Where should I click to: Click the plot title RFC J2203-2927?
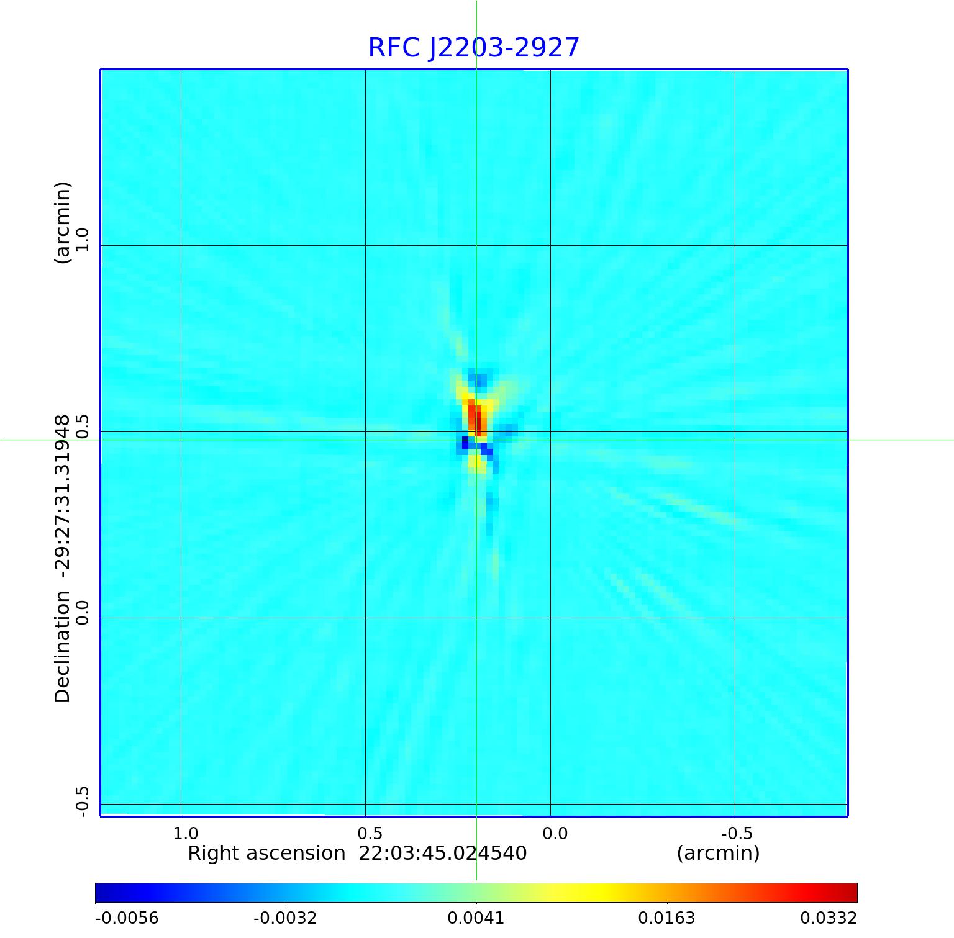[x=473, y=48]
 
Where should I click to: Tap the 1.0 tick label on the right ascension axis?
[x=185, y=833]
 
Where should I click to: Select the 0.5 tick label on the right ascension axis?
[x=370, y=833]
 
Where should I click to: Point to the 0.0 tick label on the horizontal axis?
[x=555, y=833]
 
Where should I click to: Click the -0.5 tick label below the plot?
[x=737, y=833]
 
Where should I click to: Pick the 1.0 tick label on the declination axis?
[x=83, y=240]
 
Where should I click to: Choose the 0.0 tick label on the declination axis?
[x=83, y=611]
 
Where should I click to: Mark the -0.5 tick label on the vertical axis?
[x=83, y=801]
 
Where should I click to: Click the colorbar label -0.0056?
[x=127, y=918]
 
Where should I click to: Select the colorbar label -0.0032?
[x=285, y=918]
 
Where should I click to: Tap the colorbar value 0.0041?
[x=476, y=918]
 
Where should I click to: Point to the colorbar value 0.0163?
[x=667, y=918]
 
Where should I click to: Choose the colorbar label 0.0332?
[x=828, y=918]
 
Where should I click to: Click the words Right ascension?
[x=266, y=854]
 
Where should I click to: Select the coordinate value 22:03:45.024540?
[x=443, y=854]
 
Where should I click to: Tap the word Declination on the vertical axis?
[x=63, y=647]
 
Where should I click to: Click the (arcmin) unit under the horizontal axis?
[x=718, y=854]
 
